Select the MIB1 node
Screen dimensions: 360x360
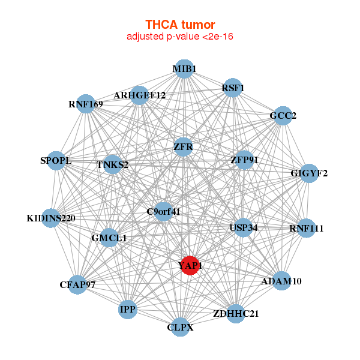pyautogui.click(x=184, y=69)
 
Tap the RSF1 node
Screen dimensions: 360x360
pyautogui.click(x=232, y=88)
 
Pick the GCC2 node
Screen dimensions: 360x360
pyautogui.click(x=282, y=115)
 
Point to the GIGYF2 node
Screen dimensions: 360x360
pyautogui.click(x=309, y=174)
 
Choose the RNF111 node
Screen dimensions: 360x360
pyautogui.click(x=306, y=228)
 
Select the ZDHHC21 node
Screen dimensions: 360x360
pyautogui.click(x=236, y=313)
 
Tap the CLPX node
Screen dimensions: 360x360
pyautogui.click(x=180, y=328)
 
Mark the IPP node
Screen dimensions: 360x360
pyautogui.click(x=128, y=310)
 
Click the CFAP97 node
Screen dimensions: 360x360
pyautogui.click(x=78, y=284)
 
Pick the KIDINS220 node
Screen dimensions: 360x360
pyautogui.click(x=52, y=218)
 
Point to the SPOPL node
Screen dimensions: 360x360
pyautogui.click(x=56, y=161)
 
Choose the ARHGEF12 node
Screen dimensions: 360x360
pyautogui.click(x=139, y=95)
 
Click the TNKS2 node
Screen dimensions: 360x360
pyautogui.click(x=113, y=164)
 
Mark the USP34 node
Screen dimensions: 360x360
pyautogui.click(x=243, y=227)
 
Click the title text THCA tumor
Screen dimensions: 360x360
pyautogui.click(x=180, y=25)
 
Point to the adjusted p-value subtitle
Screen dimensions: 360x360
pyautogui.click(x=180, y=37)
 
